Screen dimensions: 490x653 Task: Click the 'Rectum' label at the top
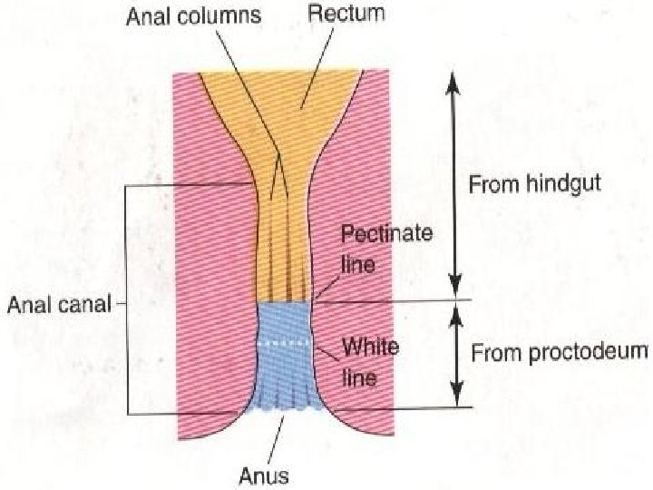click(346, 14)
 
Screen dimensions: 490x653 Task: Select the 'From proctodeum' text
click(560, 353)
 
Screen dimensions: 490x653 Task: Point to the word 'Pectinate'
click(386, 233)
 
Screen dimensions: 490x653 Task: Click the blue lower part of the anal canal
click(285, 372)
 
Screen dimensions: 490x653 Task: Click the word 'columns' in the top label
click(230, 15)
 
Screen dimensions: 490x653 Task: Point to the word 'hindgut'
click(564, 185)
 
